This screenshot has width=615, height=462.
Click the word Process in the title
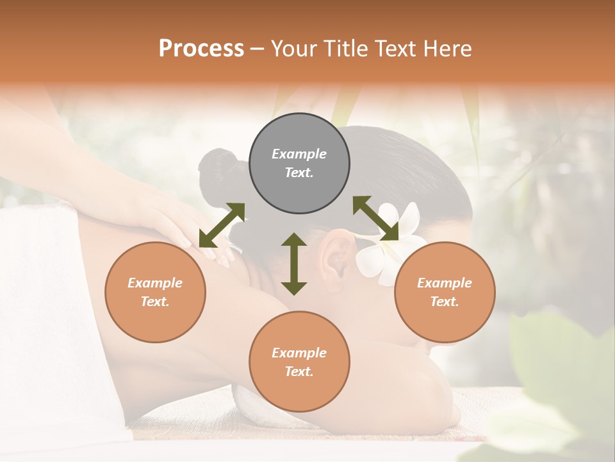pos(201,49)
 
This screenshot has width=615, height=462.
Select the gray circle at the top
pos(299,164)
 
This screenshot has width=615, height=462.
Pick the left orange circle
pos(155,292)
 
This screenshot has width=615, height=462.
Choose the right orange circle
pos(444,292)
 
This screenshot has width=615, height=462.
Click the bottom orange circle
pos(299,361)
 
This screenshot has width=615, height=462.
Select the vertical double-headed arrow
pos(294,264)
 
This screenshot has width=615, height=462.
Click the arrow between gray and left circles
pos(222,225)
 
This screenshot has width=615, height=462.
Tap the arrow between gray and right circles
pos(376,218)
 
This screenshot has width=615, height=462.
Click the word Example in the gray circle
pos(299,154)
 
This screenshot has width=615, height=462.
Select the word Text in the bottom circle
pos(299,372)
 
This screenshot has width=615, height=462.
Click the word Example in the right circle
pos(444,283)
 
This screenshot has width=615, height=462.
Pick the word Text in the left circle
pos(155,302)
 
